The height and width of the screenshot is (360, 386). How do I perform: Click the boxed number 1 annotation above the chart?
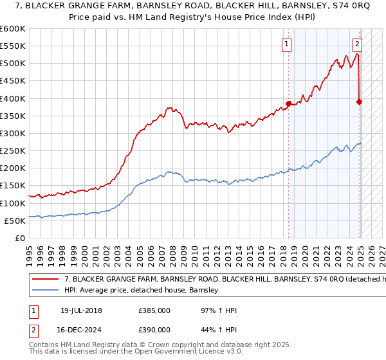coord(285,44)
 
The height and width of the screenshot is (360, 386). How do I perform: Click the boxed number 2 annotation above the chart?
coord(357,44)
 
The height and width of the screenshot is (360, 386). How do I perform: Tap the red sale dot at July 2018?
coord(288,104)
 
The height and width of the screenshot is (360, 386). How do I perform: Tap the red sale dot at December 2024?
coord(359,102)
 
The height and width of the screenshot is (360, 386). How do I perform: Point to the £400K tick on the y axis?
coord(13,98)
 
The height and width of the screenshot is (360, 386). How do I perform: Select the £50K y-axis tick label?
coord(15,221)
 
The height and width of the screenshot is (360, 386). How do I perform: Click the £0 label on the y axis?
coord(20,238)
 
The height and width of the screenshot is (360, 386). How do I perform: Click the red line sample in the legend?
coord(46,280)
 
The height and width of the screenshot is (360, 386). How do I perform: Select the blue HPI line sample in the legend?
coord(46,290)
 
